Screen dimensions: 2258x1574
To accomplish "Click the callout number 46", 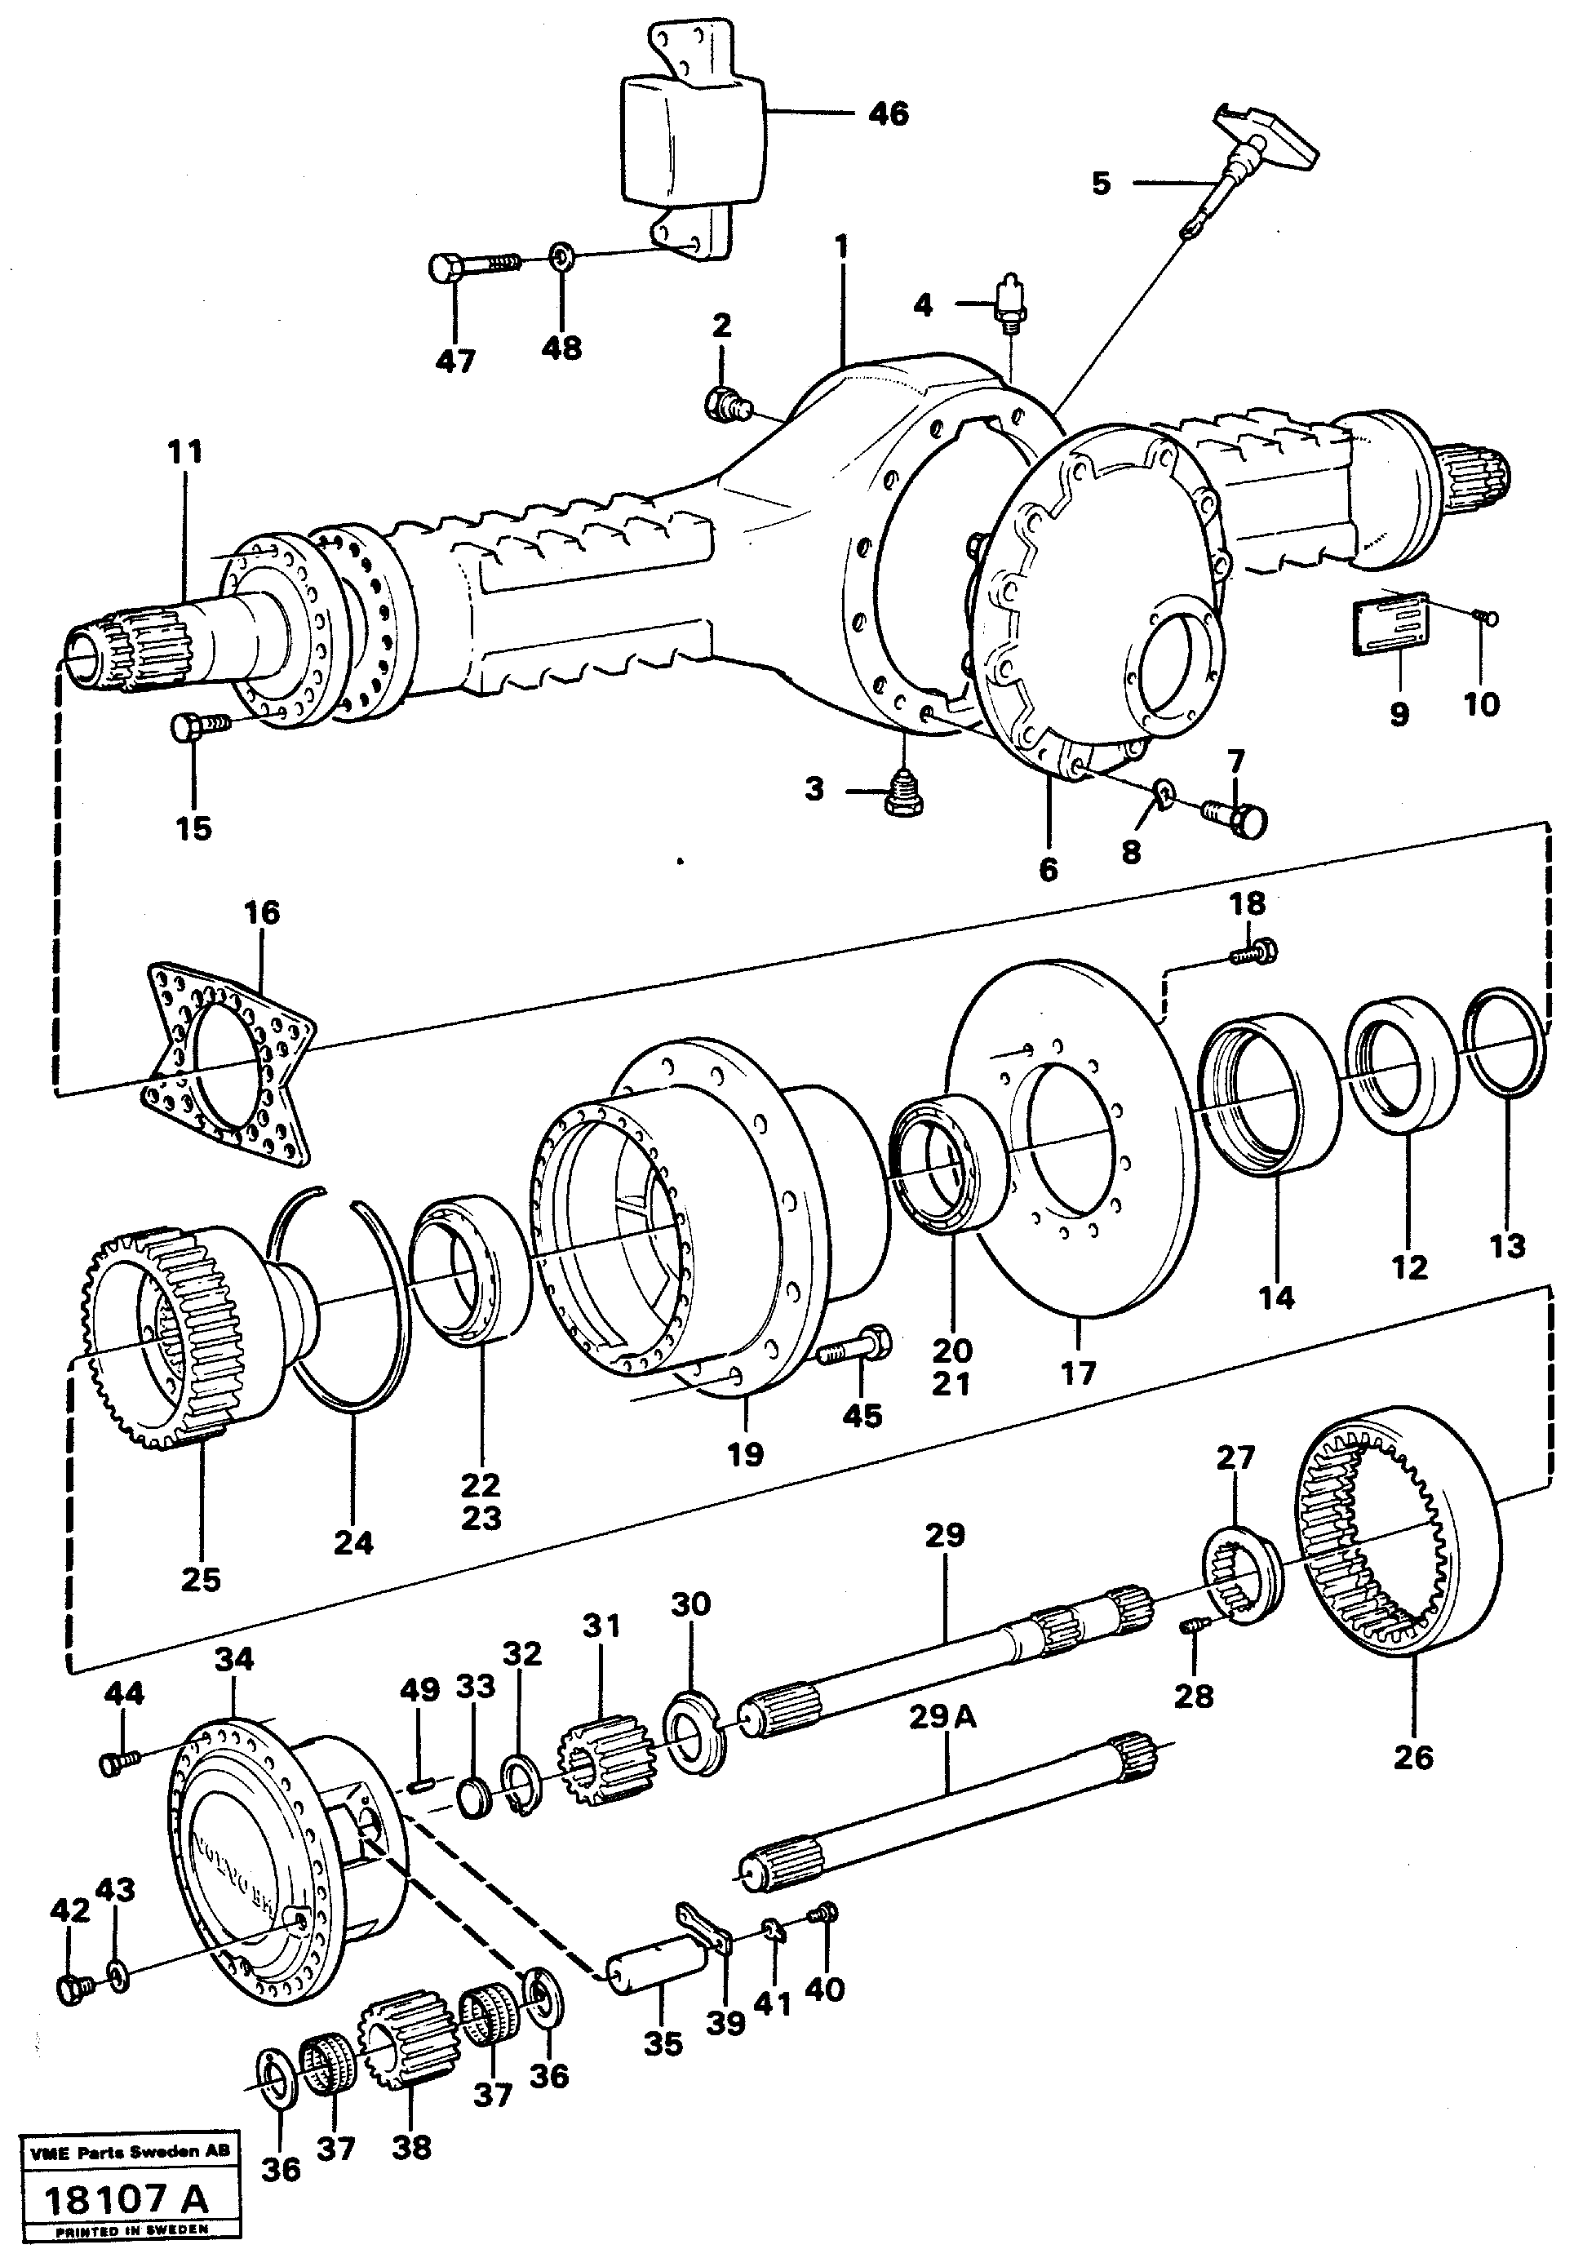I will [x=888, y=114].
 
